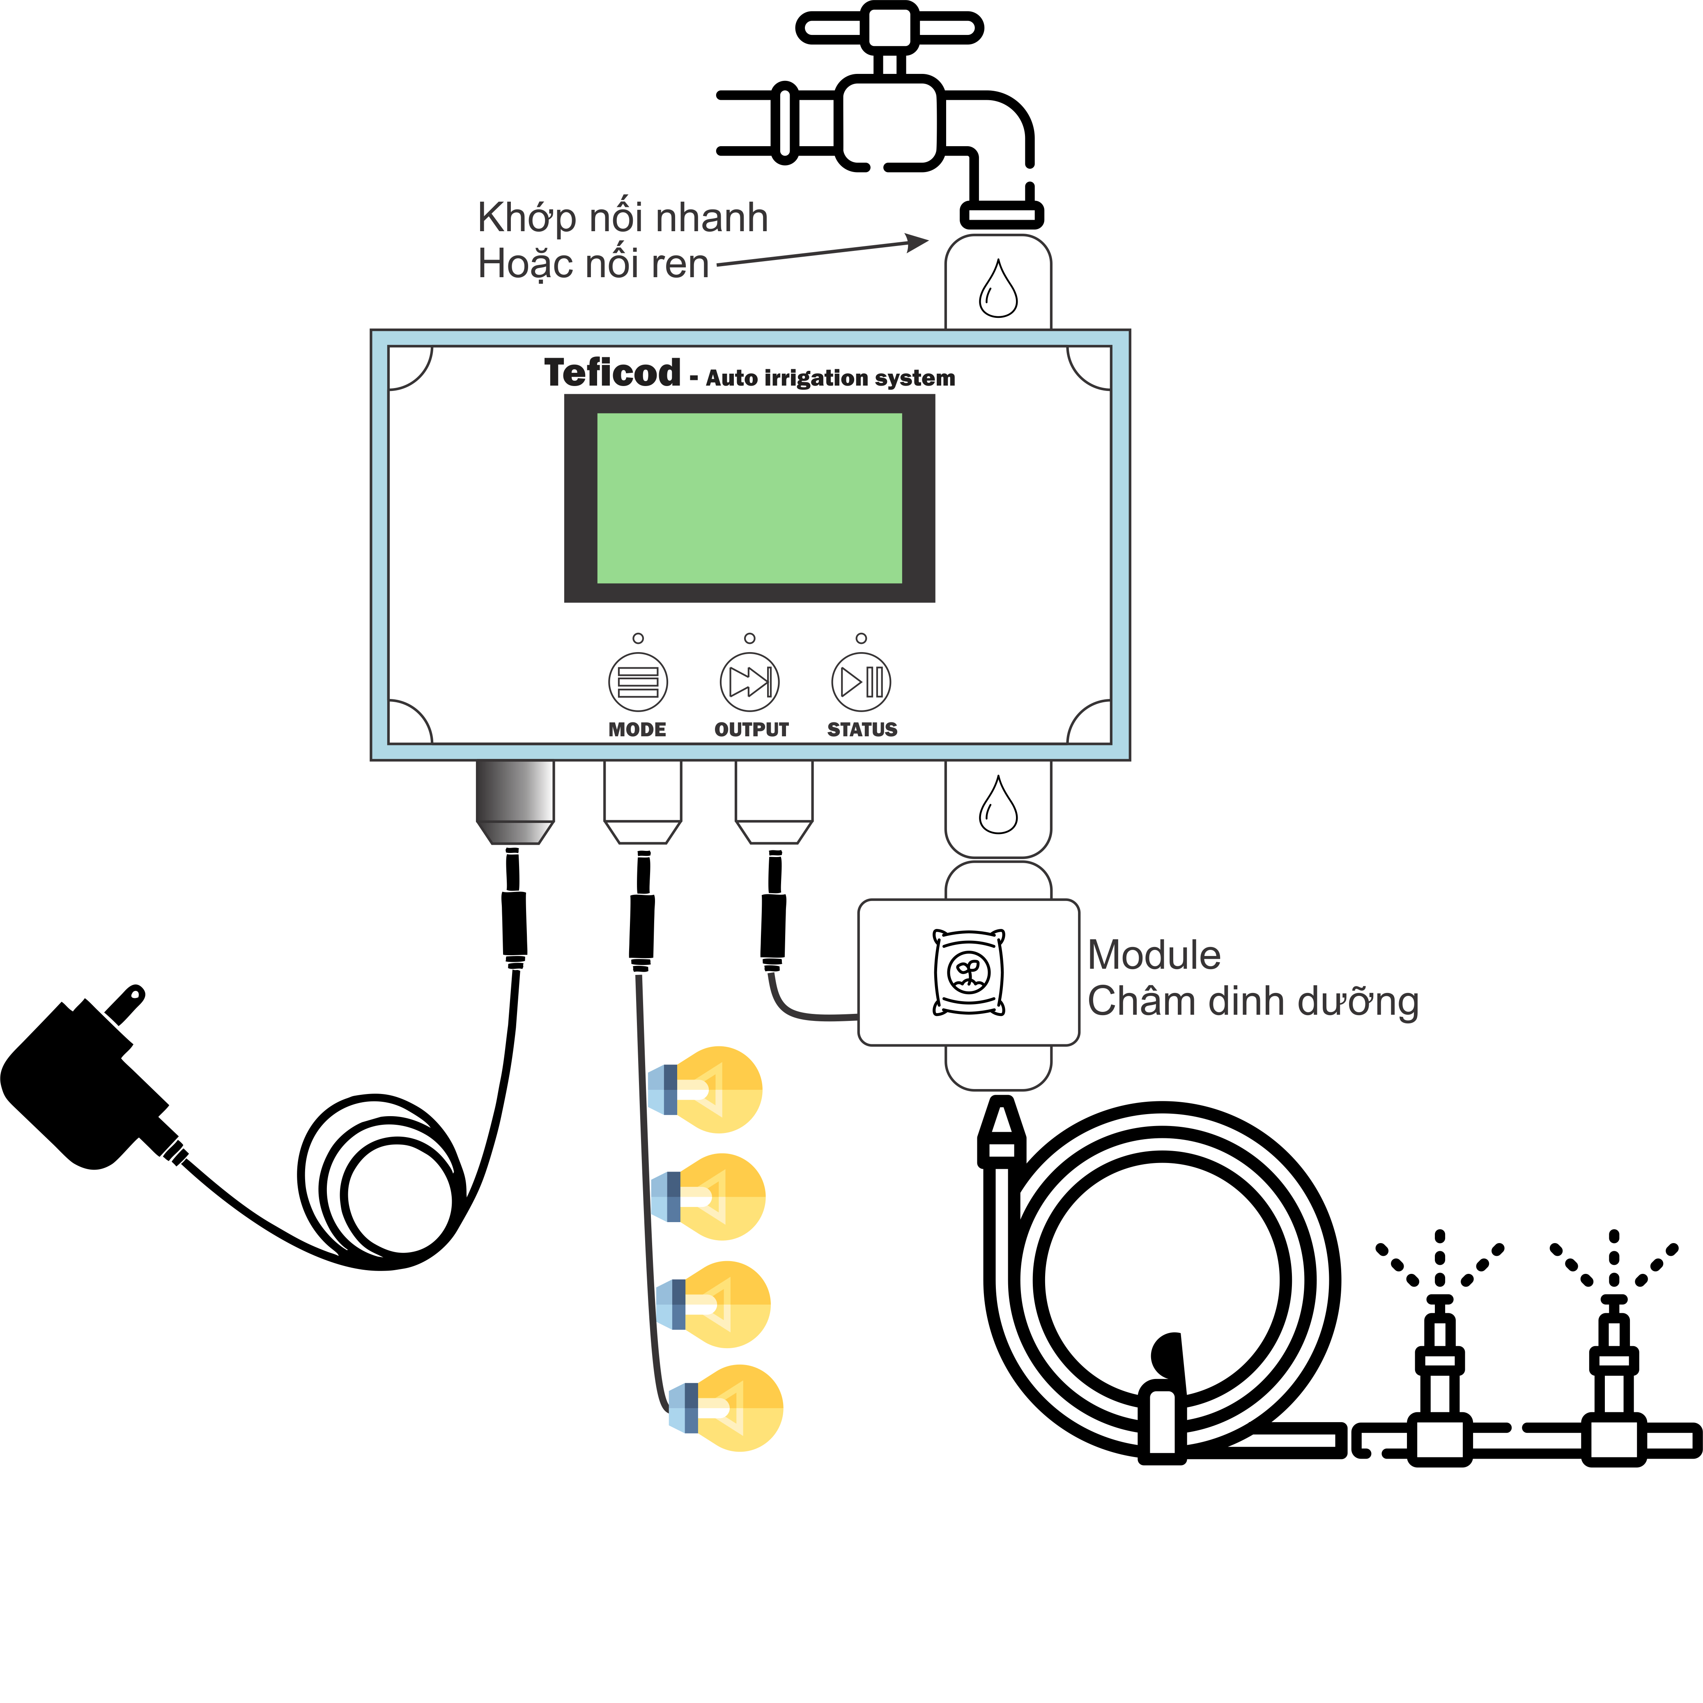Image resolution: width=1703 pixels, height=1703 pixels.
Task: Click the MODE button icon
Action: (637, 681)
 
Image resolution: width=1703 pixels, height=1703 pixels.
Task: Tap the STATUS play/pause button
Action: (861, 681)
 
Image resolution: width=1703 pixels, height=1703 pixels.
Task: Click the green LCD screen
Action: (749, 498)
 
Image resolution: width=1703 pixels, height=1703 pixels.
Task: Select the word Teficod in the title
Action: (613, 373)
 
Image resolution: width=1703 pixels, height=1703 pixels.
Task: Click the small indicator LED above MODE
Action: (638, 638)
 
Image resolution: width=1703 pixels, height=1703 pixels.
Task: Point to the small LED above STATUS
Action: (861, 638)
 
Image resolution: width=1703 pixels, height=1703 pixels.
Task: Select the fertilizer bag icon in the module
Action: (969, 972)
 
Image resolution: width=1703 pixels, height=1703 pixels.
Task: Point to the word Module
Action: (1154, 956)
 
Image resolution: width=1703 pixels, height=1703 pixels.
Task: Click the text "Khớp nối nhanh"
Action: (622, 218)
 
